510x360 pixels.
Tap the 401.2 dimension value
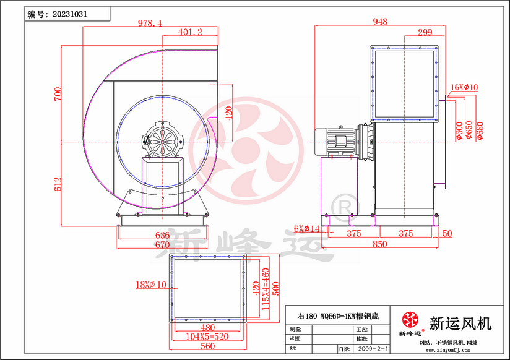[x=190, y=32]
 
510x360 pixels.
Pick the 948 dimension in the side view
[x=380, y=22]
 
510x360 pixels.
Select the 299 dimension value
[x=425, y=32]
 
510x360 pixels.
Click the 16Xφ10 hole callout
[x=464, y=88]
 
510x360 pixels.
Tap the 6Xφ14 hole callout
[x=307, y=229]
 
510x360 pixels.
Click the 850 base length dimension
[x=379, y=244]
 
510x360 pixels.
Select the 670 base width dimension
[x=162, y=245]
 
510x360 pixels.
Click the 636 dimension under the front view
[x=162, y=236]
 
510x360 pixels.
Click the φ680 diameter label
[x=480, y=131]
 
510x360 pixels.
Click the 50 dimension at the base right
[x=447, y=233]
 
